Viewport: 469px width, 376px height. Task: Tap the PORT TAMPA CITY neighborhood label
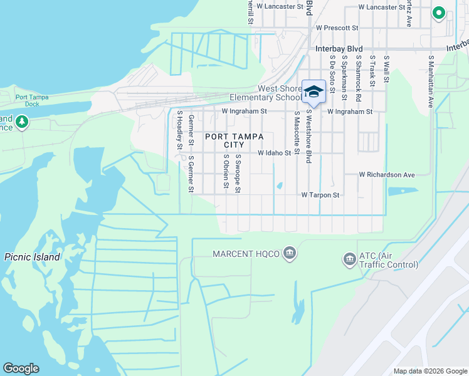(x=234, y=140)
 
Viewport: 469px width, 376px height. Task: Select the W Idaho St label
(x=275, y=152)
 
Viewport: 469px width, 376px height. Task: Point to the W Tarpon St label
(x=320, y=195)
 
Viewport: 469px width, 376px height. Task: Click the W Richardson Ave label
(x=387, y=175)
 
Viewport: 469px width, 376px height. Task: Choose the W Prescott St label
(x=337, y=28)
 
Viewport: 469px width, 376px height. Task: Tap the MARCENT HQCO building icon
(x=289, y=253)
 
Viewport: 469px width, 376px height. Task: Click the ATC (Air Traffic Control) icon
(x=349, y=259)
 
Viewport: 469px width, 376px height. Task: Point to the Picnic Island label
(x=32, y=257)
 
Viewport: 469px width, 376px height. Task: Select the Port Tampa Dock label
(x=36, y=100)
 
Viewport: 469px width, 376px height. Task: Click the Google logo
(x=21, y=368)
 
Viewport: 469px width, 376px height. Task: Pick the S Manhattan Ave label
(x=431, y=81)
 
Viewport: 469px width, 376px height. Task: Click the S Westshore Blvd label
(x=309, y=137)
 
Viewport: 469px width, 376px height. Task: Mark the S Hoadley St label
(x=179, y=130)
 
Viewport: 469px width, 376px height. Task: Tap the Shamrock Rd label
(x=359, y=74)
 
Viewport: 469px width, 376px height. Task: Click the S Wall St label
(x=386, y=69)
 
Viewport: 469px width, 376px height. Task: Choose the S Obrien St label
(x=225, y=170)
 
